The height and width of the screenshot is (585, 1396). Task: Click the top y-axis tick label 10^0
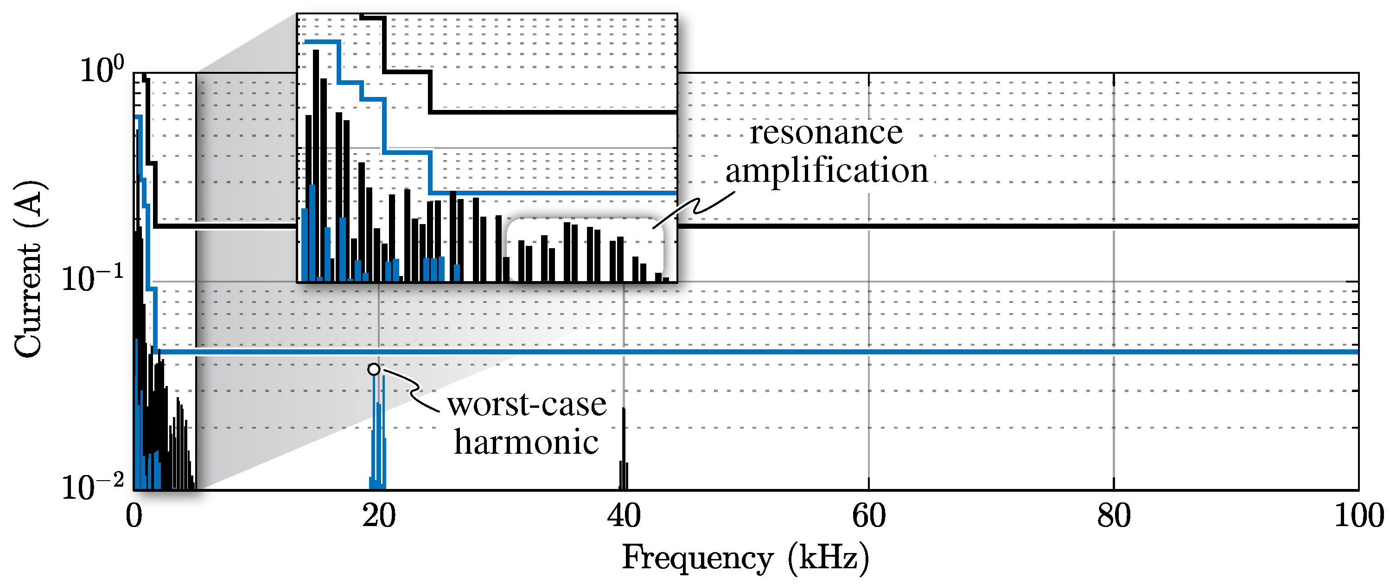tap(102, 70)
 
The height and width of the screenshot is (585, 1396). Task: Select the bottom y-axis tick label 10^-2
tap(92, 486)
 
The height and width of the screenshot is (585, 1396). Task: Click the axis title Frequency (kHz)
tap(745, 559)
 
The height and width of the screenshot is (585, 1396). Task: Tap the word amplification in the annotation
tap(827, 171)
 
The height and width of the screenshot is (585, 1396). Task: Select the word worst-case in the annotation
tap(527, 405)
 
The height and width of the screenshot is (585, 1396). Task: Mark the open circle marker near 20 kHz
tap(374, 370)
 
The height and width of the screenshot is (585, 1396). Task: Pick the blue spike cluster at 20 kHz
tap(378, 434)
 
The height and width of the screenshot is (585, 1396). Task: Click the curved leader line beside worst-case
tap(414, 388)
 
